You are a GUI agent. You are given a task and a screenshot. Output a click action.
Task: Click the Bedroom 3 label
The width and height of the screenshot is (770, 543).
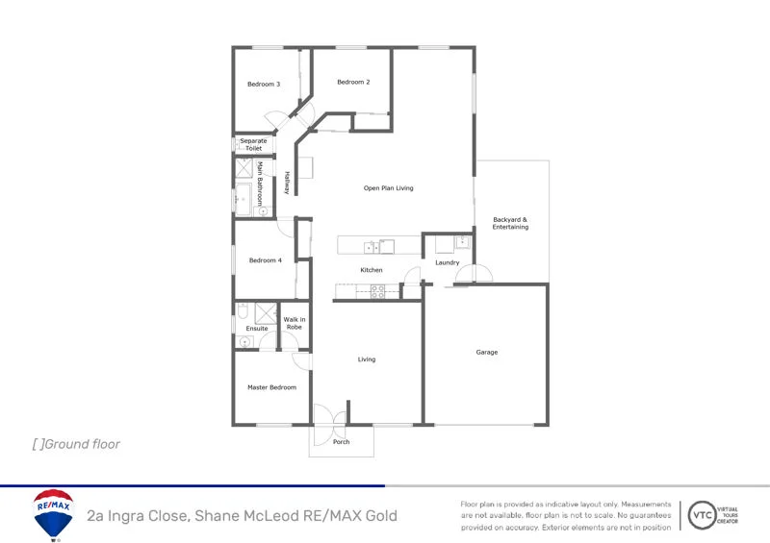pyautogui.click(x=264, y=85)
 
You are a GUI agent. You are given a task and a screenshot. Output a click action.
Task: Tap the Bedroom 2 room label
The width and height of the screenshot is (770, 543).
pyautogui.click(x=353, y=83)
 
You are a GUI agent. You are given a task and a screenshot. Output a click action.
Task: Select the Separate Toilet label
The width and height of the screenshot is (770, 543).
pyautogui.click(x=253, y=145)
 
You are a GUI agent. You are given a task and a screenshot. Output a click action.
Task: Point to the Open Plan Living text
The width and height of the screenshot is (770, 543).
pyautogui.click(x=388, y=188)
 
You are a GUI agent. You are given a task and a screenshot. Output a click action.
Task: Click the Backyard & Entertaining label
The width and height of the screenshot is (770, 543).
pyautogui.click(x=510, y=223)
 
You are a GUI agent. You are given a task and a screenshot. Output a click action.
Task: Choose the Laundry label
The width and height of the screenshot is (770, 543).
pyautogui.click(x=447, y=262)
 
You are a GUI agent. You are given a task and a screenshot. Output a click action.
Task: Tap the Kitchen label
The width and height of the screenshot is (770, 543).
pyautogui.click(x=372, y=270)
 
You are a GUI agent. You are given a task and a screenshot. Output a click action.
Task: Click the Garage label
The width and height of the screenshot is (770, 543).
pyautogui.click(x=487, y=353)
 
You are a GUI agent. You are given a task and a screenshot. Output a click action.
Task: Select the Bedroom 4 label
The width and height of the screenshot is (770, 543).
pyautogui.click(x=266, y=260)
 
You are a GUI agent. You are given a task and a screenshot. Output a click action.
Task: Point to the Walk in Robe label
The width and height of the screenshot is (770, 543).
pyautogui.click(x=295, y=323)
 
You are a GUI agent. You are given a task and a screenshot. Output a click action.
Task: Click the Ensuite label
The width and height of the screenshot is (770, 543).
pyautogui.click(x=257, y=329)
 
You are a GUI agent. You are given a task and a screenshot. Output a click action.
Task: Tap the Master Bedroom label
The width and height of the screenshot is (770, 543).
pyautogui.click(x=271, y=387)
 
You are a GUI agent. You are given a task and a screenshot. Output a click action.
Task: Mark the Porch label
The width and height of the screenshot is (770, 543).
pyautogui.click(x=341, y=442)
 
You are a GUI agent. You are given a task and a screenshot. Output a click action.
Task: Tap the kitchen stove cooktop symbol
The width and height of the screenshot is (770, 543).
pyautogui.click(x=377, y=291)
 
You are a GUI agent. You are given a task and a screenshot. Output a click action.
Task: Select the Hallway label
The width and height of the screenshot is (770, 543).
pyautogui.click(x=286, y=183)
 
